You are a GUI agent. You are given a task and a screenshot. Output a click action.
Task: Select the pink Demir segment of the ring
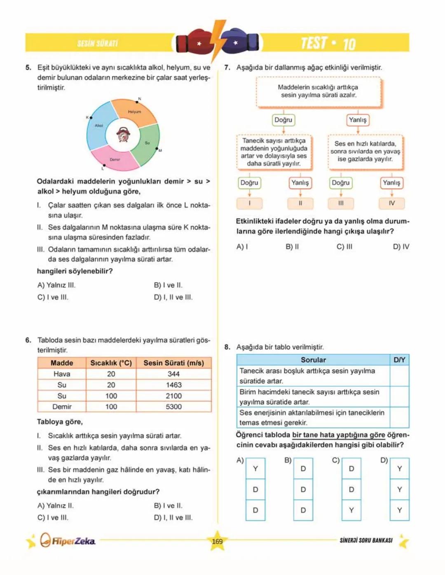coord(115,159)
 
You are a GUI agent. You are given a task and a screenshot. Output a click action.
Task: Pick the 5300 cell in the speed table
coord(173,407)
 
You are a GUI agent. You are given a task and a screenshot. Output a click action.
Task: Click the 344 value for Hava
coord(173,374)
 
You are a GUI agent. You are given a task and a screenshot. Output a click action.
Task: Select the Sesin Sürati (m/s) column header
coord(173,363)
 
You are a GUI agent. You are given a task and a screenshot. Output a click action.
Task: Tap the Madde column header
coord(62,363)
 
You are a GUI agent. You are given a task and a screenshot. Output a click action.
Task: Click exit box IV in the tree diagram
coord(391,203)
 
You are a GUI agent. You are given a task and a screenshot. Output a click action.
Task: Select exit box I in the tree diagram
coord(249,203)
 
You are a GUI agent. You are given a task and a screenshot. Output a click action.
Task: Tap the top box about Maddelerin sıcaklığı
coord(318,91)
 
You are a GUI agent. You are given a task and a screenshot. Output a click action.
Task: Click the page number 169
coord(217,542)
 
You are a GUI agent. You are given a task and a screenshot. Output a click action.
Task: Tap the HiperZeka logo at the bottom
coord(68,540)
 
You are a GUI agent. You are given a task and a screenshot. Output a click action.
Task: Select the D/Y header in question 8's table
coord(399,360)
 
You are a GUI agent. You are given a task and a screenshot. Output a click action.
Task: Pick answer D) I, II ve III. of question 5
coord(173,297)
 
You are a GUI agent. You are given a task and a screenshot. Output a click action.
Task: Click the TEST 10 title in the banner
coord(328,43)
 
